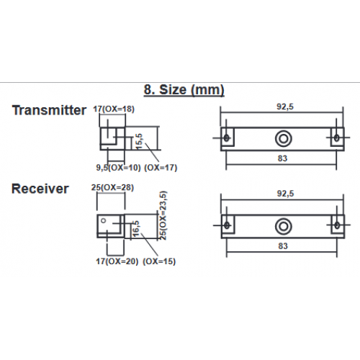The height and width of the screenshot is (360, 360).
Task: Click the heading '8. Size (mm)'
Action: click(184, 90)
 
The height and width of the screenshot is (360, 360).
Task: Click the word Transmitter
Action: click(49, 110)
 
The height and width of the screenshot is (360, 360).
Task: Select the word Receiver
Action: click(40, 189)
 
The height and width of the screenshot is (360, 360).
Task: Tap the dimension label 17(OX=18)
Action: click(114, 109)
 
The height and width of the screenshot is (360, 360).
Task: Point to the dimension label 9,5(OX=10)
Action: click(118, 168)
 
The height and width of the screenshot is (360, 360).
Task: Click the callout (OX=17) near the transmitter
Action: click(161, 168)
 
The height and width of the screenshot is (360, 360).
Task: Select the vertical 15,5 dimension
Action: click(139, 142)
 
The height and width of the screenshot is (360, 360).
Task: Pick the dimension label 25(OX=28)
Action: click(112, 187)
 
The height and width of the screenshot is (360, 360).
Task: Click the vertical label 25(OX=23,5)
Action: click(163, 215)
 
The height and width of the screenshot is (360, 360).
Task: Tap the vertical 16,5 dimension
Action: click(135, 229)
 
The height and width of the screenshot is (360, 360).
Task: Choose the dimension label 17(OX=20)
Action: click(117, 261)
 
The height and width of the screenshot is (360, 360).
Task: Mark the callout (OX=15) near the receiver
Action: click(159, 261)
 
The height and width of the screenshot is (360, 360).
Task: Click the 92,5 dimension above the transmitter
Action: click(285, 107)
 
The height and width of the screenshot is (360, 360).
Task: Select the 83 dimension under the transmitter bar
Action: click(282, 158)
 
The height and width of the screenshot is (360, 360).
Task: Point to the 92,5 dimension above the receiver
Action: click(285, 194)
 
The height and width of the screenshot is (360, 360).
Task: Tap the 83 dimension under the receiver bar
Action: click(283, 246)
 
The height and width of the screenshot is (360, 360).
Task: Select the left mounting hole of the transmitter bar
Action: click(226, 138)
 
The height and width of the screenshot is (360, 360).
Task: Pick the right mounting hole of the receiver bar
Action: click(337, 225)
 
